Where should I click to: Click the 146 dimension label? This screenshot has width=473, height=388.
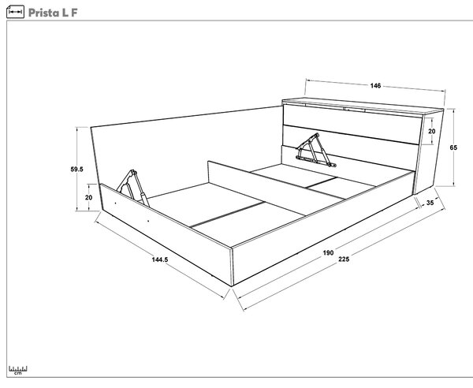(x=375, y=86)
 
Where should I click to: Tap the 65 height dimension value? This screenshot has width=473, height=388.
(x=453, y=147)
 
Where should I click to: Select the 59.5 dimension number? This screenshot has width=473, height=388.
(x=76, y=170)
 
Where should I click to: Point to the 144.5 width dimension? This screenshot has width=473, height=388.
(x=160, y=259)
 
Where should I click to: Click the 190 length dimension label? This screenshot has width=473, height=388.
(x=328, y=252)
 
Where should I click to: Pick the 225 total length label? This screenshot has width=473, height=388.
(x=344, y=259)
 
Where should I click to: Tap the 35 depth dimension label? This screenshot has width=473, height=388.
(x=430, y=203)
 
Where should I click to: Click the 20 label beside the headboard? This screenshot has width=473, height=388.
(x=432, y=131)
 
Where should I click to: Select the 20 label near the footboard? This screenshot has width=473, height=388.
(x=88, y=198)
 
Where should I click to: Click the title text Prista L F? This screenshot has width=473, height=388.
(x=53, y=13)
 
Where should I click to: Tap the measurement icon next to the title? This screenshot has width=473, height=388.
(x=15, y=12)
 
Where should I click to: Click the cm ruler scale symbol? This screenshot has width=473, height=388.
(x=18, y=370)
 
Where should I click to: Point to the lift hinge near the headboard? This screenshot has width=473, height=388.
(x=315, y=151)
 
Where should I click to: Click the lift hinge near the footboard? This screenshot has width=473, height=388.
(x=133, y=188)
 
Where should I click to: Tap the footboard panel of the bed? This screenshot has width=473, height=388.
(x=166, y=234)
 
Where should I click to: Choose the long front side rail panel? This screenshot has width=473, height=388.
(x=322, y=228)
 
